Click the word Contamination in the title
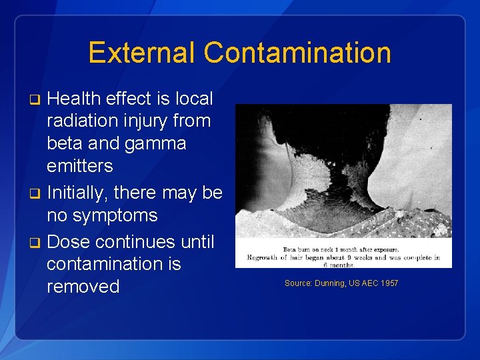click(x=297, y=53)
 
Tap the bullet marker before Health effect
click(x=37, y=100)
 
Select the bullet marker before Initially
click(x=37, y=194)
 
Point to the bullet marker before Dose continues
click(x=37, y=241)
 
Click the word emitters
click(x=80, y=165)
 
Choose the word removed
click(x=83, y=287)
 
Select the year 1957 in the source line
click(x=387, y=283)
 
